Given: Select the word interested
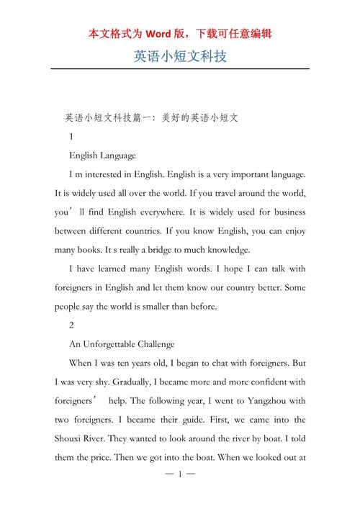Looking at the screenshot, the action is [108, 174].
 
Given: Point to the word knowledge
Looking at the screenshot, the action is [226, 250].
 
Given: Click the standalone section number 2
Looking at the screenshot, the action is [71, 325].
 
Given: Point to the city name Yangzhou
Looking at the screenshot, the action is [264, 400].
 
